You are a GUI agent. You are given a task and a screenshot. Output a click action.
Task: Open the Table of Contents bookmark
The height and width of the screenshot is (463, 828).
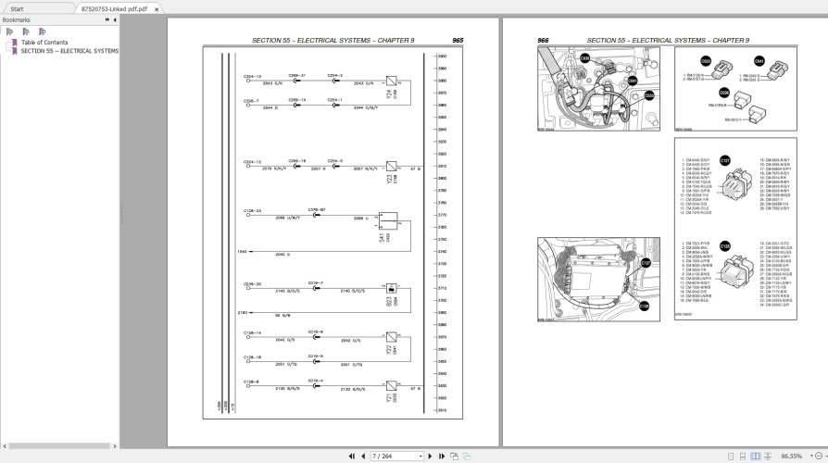point(44,43)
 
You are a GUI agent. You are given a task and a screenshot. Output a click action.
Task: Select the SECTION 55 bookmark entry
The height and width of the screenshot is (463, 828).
point(69,51)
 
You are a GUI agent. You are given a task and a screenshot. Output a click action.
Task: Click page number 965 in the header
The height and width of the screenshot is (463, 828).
point(458,41)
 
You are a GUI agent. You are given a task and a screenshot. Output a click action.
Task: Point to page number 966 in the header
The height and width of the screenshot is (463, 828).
point(544,41)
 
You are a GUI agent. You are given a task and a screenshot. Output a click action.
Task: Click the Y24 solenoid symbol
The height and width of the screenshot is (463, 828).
point(392,81)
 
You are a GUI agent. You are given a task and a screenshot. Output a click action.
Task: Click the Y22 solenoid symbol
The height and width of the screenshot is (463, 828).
point(392,338)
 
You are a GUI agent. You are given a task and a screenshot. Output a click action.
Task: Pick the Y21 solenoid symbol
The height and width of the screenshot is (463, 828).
point(392,386)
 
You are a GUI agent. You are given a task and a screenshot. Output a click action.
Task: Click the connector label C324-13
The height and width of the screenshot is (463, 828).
point(252,76)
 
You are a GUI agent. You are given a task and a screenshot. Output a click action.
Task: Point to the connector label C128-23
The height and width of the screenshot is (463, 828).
point(252,210)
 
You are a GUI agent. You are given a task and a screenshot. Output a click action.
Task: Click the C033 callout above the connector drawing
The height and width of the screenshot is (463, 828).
point(706,61)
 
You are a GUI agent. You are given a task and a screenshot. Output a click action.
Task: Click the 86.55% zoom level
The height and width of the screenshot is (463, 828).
point(791,456)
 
